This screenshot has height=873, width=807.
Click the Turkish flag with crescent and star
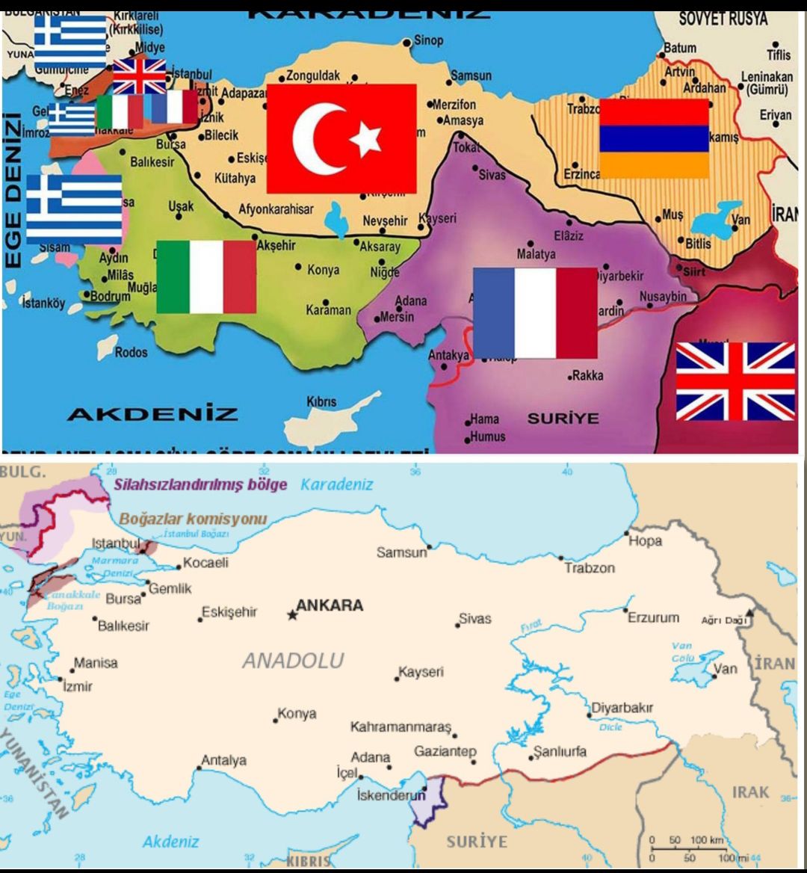341,138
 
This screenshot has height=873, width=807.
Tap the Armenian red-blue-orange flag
654,138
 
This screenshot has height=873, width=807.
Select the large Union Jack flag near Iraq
735,381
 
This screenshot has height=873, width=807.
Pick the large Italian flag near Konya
206,276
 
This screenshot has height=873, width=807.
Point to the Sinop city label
428,40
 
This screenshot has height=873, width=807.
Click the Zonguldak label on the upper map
314,75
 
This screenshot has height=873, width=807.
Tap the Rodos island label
131,352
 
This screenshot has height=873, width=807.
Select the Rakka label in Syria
588,375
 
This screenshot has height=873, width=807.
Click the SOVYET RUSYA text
723,19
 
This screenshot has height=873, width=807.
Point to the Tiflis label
777,55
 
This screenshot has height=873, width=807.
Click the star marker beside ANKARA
291,615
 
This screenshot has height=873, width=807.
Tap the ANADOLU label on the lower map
293,660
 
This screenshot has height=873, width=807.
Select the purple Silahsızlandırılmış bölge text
200,484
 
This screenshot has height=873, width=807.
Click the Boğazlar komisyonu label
193,519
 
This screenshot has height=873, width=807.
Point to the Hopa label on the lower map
645,540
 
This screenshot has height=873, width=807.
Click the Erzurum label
653,617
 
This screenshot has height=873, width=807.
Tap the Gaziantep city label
445,751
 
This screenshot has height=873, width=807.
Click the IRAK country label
750,792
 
